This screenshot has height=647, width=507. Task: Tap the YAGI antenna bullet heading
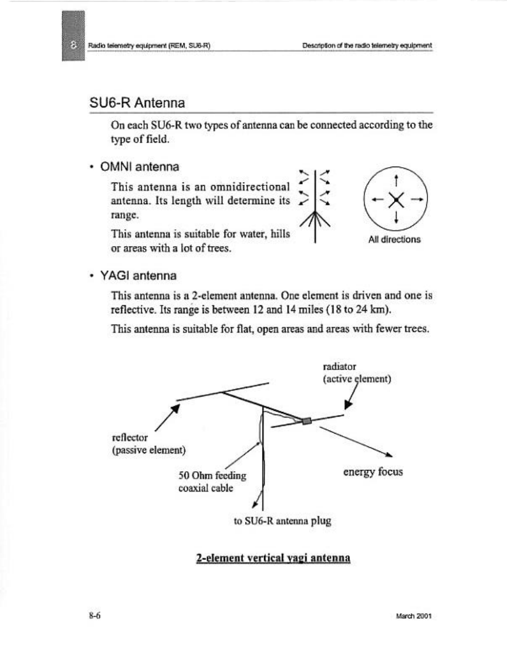click(x=141, y=274)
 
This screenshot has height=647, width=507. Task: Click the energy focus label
click(x=373, y=472)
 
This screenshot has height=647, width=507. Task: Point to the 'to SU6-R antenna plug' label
click(x=282, y=521)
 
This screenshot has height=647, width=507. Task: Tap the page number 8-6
click(x=94, y=615)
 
